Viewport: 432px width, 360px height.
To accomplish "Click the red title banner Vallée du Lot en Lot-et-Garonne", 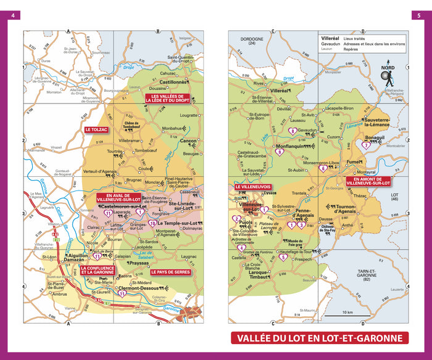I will pos(320,338).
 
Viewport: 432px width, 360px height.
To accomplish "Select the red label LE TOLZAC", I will pos(97,129).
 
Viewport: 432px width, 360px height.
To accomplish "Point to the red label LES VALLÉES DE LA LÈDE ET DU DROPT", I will pos(167,98).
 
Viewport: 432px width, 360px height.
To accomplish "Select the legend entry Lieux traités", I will pos(357,38).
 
